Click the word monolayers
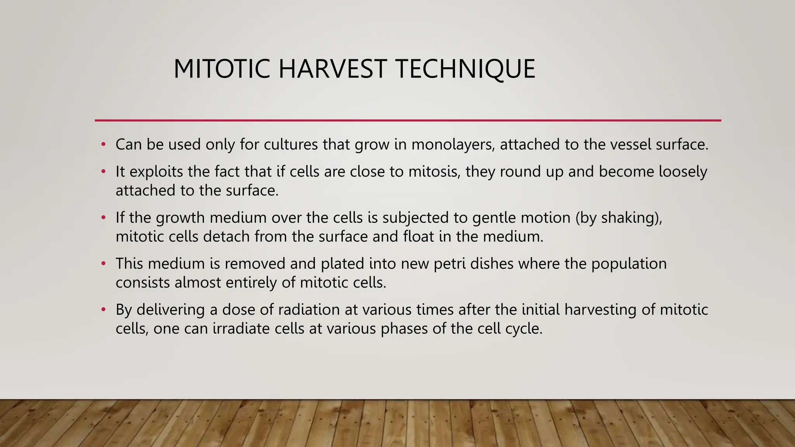(453, 144)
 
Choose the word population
(629, 264)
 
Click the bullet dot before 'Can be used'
(103, 145)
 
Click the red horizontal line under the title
(408, 120)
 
